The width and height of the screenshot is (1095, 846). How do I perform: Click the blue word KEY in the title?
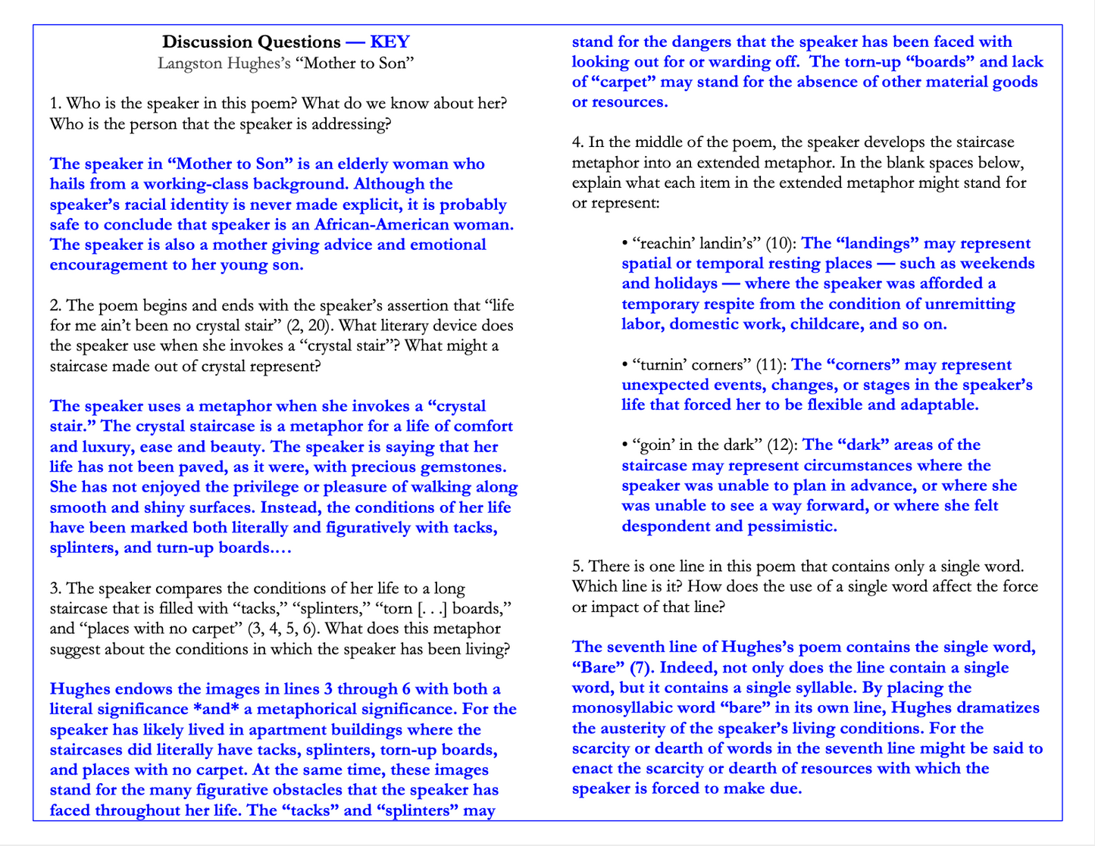tap(390, 42)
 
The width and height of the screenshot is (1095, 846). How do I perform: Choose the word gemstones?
tap(457, 467)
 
